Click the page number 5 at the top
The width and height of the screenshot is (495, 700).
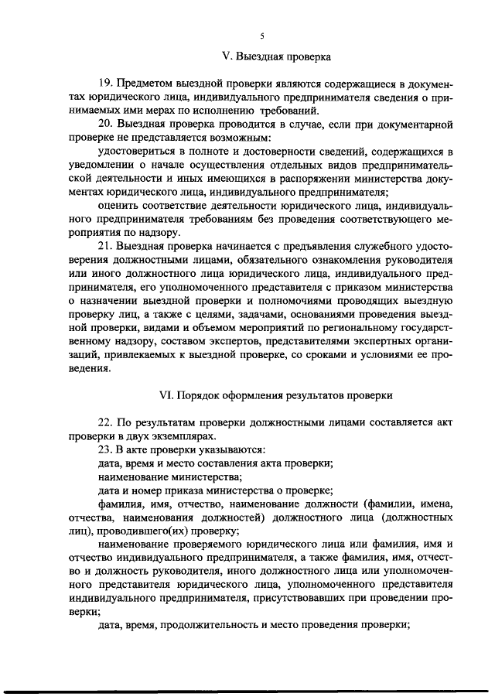pos(262,36)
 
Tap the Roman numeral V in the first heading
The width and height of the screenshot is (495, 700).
pos(226,56)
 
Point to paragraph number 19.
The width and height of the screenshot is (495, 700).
pos(107,82)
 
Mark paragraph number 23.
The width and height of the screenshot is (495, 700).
pos(107,449)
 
